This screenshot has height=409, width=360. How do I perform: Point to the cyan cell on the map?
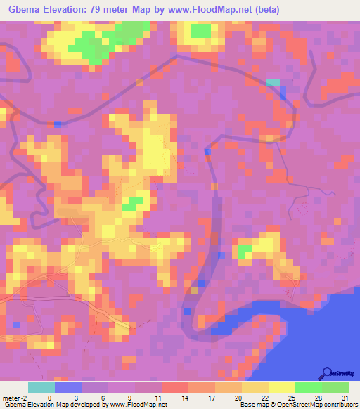coord(272,83)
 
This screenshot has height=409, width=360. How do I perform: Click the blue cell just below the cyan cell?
coord(282,94)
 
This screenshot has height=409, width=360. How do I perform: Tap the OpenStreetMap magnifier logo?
coord(326,374)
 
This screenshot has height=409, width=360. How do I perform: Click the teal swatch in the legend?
coord(41,387)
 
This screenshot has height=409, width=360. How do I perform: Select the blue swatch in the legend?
coord(68,387)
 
